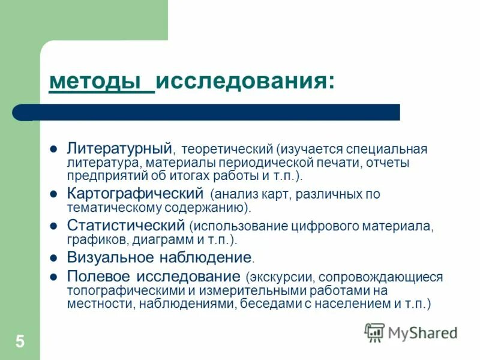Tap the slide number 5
20,343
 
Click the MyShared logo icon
374,332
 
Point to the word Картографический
136,194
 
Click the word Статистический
125,226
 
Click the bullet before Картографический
53,195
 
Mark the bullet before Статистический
53,227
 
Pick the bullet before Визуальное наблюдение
53,259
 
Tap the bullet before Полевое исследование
53,277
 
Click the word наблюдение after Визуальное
211,258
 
